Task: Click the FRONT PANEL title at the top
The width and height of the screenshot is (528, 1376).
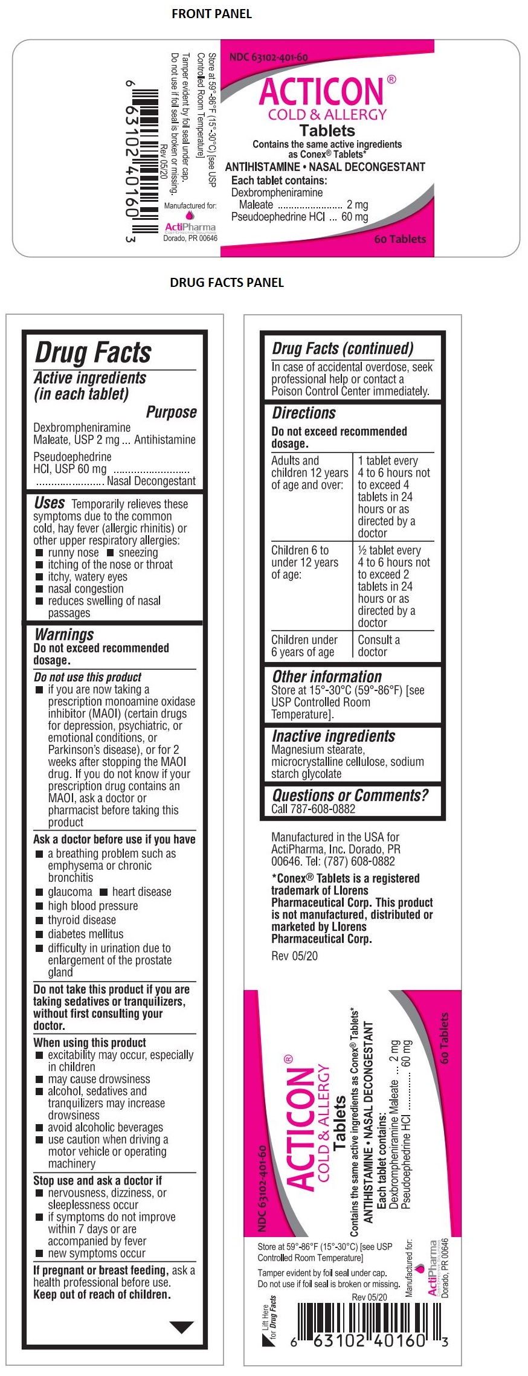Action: coord(211,13)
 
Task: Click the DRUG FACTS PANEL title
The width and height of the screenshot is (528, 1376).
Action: coord(227,282)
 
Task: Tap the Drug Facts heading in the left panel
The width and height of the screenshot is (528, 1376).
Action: coord(93,352)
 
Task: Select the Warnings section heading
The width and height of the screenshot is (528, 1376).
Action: coord(65,634)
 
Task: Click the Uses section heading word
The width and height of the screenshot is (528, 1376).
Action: coord(50,503)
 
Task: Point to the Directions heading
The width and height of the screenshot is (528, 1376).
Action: coord(304,413)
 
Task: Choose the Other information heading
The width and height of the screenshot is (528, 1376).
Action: coord(327,677)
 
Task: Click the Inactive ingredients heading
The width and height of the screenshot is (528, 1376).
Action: coord(333,736)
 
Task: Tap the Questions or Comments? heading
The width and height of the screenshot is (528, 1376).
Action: coord(350,795)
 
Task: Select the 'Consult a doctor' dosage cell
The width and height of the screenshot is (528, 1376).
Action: coord(379,646)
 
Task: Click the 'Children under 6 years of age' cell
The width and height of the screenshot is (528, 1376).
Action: coord(304,646)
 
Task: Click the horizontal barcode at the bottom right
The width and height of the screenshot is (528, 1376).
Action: coord(369,1331)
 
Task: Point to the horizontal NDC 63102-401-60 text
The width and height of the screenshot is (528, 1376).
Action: coord(269,57)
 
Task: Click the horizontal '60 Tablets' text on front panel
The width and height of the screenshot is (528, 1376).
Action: coord(400,239)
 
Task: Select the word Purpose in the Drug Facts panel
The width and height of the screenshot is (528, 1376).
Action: coord(172,412)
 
